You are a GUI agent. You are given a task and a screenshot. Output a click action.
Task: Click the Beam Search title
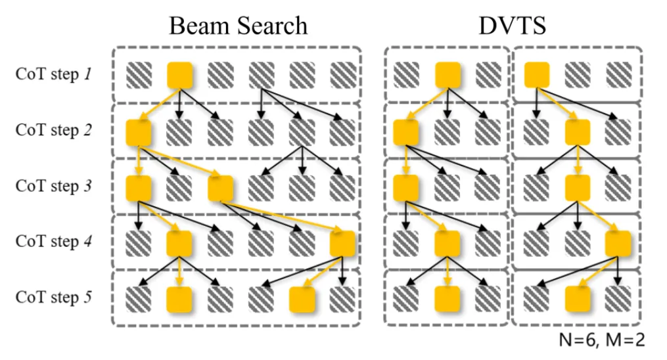pos(237,26)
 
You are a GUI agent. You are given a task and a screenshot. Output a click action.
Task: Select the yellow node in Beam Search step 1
pos(180,75)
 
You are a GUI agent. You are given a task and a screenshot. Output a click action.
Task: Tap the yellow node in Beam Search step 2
pos(139,133)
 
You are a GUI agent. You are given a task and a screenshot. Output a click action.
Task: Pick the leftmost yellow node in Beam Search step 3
pos(139,189)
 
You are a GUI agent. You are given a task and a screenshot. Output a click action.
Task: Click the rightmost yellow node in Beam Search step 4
pos(342,244)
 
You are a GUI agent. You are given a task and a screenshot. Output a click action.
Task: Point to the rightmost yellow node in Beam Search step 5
pos(302,300)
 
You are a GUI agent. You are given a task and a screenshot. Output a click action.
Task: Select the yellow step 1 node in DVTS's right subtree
pos(537,75)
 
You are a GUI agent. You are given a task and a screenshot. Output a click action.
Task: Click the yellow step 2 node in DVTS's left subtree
pos(406,133)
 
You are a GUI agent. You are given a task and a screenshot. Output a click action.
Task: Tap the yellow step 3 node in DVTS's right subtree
pos(578,189)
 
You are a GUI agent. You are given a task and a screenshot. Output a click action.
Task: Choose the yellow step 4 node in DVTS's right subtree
pos(618,244)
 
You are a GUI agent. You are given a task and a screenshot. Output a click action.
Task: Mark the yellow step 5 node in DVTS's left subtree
pos(448,300)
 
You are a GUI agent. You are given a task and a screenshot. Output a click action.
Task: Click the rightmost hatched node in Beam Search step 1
pos(342,75)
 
